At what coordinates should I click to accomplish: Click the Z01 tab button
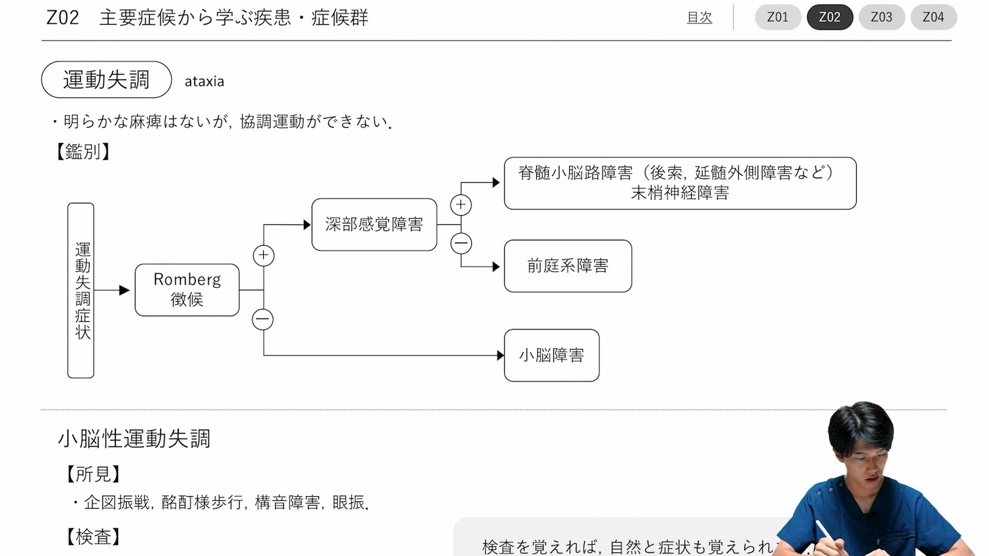click(x=778, y=17)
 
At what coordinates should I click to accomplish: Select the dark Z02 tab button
click(x=829, y=17)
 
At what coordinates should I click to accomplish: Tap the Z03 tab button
click(x=881, y=17)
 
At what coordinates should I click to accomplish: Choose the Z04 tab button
click(x=933, y=17)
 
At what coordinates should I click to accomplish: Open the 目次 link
click(x=699, y=18)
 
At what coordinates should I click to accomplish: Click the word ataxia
click(x=204, y=81)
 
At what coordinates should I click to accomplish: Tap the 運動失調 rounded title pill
click(x=106, y=80)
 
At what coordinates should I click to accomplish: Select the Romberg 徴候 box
click(x=187, y=290)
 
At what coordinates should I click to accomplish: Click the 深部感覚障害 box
click(x=374, y=224)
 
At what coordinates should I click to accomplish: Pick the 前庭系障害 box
click(x=568, y=266)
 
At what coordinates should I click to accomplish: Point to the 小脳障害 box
click(x=551, y=355)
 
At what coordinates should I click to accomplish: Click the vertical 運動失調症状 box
click(x=81, y=290)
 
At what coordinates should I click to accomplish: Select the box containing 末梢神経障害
click(x=680, y=183)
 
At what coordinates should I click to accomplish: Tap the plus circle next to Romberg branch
click(x=264, y=255)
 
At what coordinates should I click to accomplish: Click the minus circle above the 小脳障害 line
click(x=263, y=319)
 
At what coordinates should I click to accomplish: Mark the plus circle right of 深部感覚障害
click(x=461, y=205)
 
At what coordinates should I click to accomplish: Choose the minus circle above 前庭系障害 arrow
click(x=461, y=243)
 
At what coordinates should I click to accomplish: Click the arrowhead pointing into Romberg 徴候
click(x=124, y=290)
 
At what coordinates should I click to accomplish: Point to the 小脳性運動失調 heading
click(x=134, y=439)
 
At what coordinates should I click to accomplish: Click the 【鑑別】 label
click(x=82, y=152)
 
